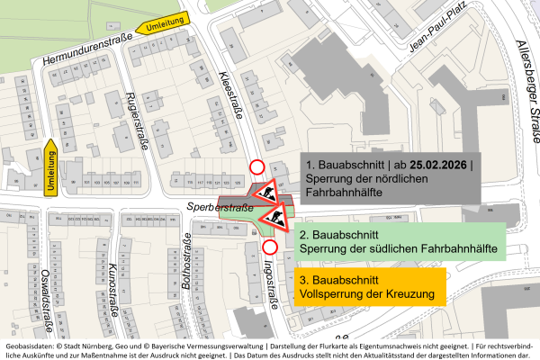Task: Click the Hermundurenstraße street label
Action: pyautogui.click(x=88, y=48)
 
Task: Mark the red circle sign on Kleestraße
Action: pyautogui.click(x=257, y=166)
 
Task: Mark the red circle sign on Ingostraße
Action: pyautogui.click(x=270, y=247)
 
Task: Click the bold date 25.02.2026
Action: pyautogui.click(x=437, y=166)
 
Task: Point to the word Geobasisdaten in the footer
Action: pyautogui.click(x=31, y=346)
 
